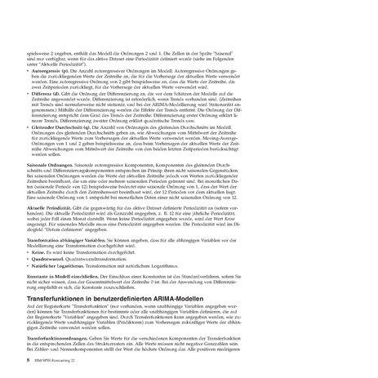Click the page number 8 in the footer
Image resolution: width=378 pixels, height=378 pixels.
coord(29,358)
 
